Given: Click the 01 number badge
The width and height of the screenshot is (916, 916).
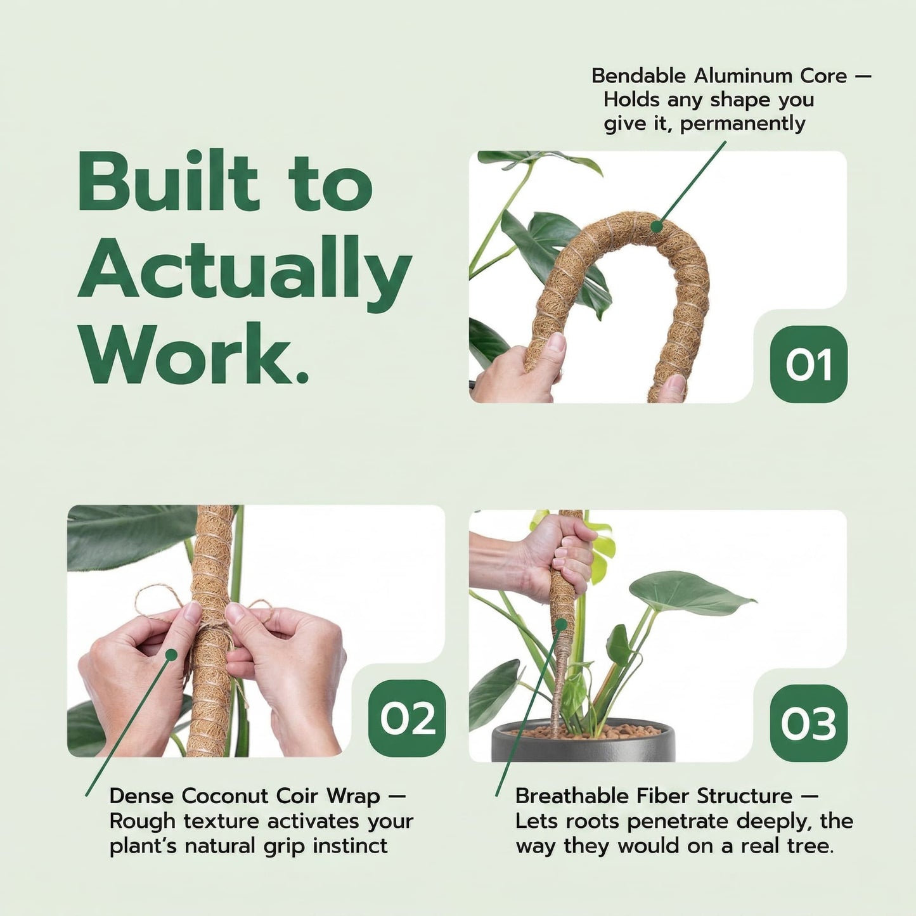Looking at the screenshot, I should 808,364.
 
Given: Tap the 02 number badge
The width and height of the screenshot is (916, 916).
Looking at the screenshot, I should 407,718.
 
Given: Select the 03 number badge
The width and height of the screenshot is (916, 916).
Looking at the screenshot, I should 808,723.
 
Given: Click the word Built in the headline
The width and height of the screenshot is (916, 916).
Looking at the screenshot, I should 169,182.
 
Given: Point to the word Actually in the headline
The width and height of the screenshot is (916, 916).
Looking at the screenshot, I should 245,269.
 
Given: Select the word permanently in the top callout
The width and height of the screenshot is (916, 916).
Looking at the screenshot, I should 742,123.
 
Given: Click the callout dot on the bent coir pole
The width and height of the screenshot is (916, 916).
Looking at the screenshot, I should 657,226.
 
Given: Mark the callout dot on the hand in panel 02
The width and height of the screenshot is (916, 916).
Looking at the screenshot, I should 171,654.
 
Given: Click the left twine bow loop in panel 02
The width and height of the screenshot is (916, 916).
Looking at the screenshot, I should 152,600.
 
